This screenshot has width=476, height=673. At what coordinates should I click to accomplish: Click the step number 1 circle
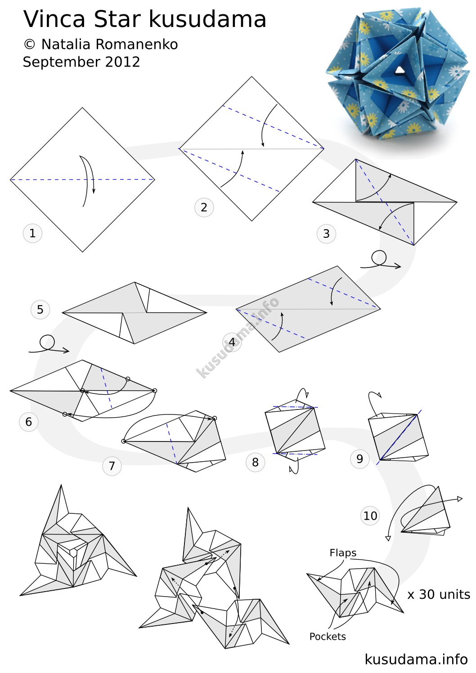pyautogui.click(x=32, y=233)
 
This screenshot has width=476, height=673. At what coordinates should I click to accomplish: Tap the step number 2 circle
pyautogui.click(x=204, y=207)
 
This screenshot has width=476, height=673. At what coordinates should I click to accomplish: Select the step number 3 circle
pyautogui.click(x=326, y=233)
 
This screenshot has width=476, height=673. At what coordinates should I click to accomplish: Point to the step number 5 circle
pyautogui.click(x=40, y=309)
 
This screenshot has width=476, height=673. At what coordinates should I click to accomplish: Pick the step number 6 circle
pyautogui.click(x=28, y=422)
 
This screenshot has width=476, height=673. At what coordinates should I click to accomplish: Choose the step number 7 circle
pyautogui.click(x=112, y=466)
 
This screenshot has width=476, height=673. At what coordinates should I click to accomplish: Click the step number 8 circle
pyautogui.click(x=255, y=462)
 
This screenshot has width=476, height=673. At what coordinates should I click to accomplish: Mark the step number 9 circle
pyautogui.click(x=359, y=459)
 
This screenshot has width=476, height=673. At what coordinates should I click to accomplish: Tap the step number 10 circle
pyautogui.click(x=370, y=516)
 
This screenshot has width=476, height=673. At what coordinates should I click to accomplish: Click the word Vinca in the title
pyautogui.click(x=54, y=19)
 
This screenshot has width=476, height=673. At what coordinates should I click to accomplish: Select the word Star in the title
pyautogui.click(x=117, y=19)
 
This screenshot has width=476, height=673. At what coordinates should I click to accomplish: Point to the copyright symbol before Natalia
pyautogui.click(x=29, y=45)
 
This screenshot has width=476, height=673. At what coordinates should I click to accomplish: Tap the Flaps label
pyautogui.click(x=343, y=553)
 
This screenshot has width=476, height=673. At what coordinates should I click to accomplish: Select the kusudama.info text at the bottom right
pyautogui.click(x=416, y=659)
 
